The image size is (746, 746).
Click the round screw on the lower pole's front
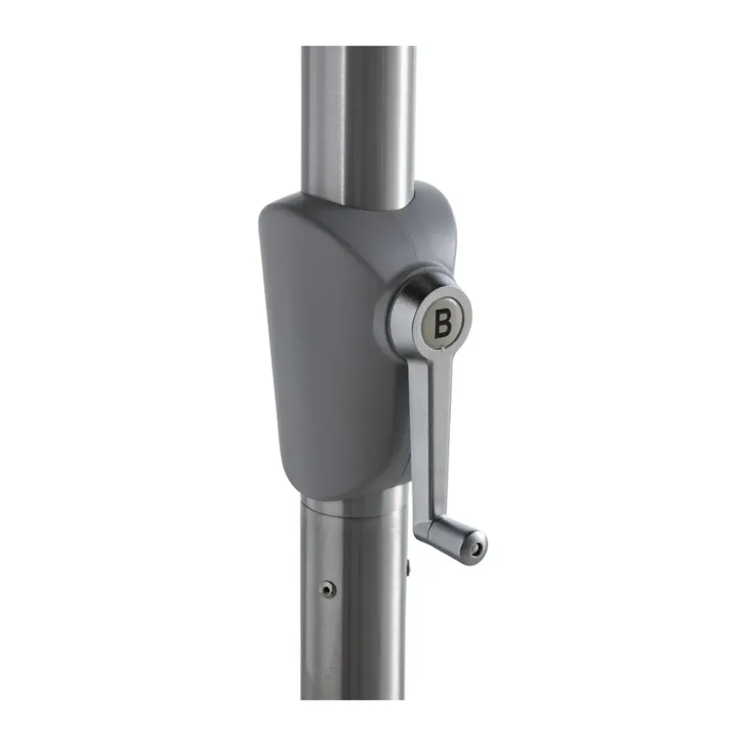[327, 590]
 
